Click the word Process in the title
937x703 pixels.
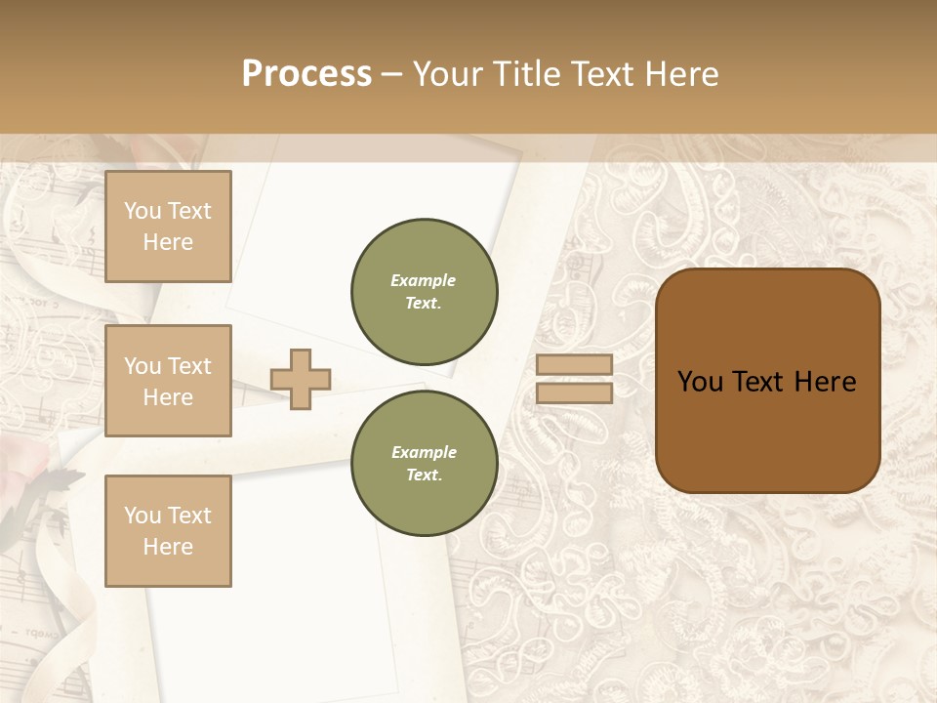coord(306,74)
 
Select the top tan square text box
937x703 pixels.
coord(168,227)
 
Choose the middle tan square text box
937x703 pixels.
coord(168,381)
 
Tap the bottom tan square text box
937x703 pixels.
coord(168,531)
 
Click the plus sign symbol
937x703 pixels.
coord(301,379)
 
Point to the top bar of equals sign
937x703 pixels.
coord(575,364)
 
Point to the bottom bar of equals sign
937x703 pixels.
coord(575,393)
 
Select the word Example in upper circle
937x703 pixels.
coord(423,280)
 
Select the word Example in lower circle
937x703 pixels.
coord(424,452)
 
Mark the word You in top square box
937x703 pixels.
coord(142,211)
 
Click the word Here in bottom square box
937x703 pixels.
coord(168,547)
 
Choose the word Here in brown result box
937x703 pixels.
coord(825,382)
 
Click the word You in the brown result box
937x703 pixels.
coord(700,382)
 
